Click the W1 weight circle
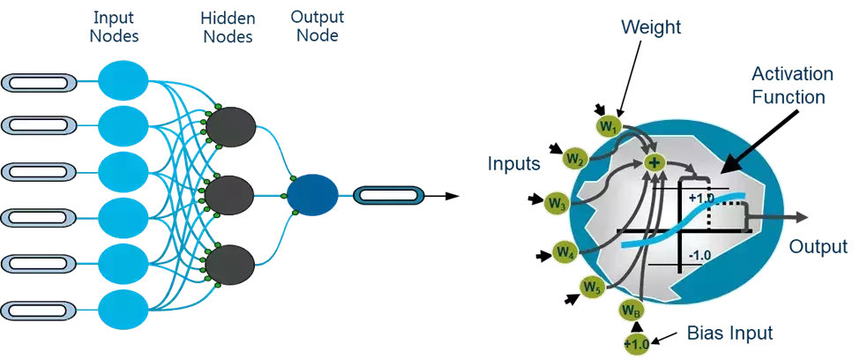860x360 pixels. click(x=607, y=127)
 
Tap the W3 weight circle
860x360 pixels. click(x=556, y=205)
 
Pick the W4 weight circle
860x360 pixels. click(x=565, y=252)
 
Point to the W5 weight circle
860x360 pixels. click(x=592, y=286)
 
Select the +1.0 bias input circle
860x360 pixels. click(x=636, y=342)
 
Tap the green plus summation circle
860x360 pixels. click(x=654, y=162)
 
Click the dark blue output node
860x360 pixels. click(x=310, y=192)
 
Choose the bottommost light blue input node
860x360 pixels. click(x=122, y=309)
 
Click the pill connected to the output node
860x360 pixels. click(x=388, y=193)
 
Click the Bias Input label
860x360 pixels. click(x=729, y=333)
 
